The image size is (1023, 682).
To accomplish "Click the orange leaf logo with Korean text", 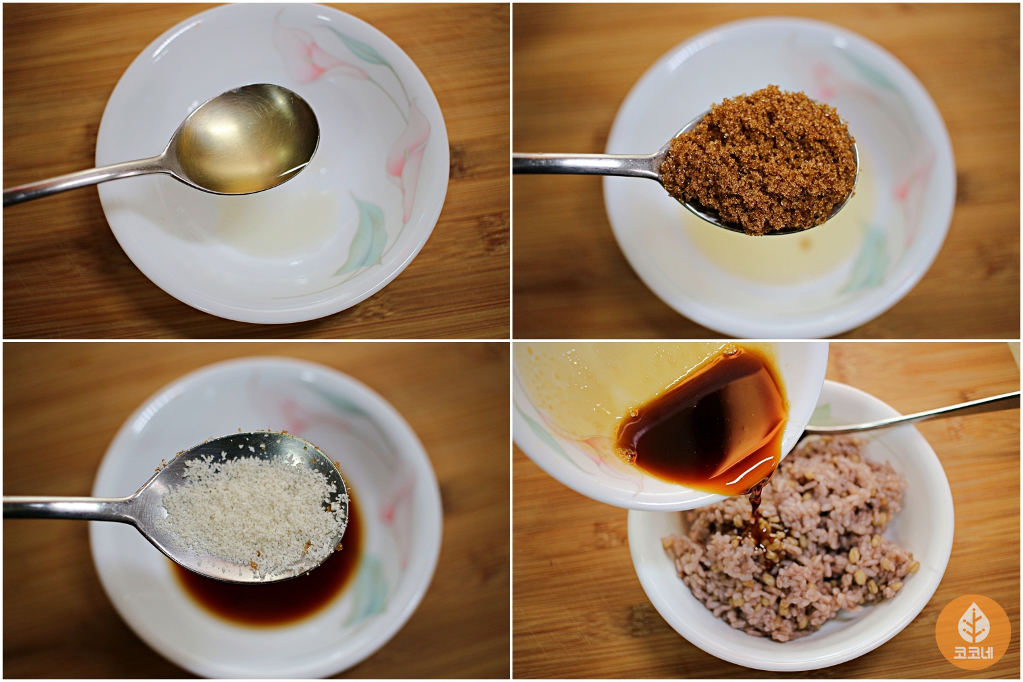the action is click(973, 632).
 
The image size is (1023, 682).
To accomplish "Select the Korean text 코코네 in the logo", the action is click(973, 653).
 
